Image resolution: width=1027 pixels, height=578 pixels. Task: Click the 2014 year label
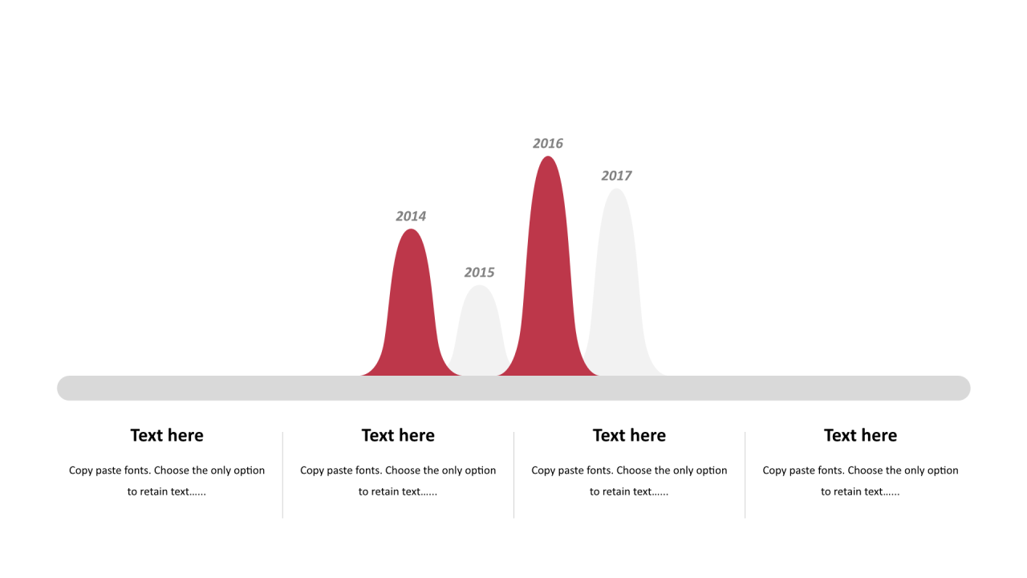[411, 216]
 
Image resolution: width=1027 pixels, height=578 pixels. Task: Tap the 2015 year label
[479, 272]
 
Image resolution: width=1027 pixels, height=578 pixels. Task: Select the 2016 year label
[548, 144]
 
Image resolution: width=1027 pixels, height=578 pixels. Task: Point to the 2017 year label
[616, 176]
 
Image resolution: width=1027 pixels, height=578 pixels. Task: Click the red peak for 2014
[411, 312]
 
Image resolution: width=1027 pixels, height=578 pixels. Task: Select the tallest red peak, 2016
[548, 275]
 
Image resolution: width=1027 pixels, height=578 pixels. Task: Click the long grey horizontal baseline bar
[513, 388]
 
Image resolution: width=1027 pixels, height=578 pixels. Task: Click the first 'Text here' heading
[167, 435]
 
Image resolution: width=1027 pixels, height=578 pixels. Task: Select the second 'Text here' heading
[398, 435]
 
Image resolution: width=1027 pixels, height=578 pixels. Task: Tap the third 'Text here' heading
[629, 435]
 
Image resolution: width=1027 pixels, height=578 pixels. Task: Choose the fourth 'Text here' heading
[860, 435]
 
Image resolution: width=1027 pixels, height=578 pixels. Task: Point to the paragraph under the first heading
[167, 481]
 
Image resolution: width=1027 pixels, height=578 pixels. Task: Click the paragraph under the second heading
[398, 481]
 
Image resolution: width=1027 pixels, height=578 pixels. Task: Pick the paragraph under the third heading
[629, 481]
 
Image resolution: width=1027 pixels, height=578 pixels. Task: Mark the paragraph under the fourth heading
[860, 481]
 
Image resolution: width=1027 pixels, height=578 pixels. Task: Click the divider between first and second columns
[282, 474]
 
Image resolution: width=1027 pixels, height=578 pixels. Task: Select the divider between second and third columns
[514, 474]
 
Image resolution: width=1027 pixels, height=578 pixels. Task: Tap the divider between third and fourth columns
[745, 474]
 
